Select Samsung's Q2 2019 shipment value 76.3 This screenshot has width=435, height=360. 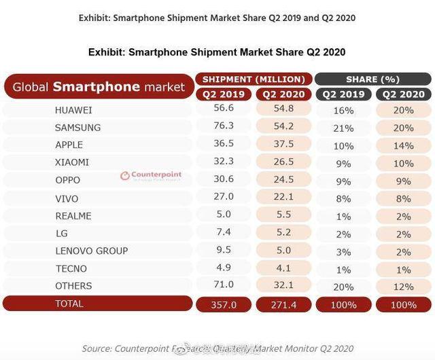click(x=224, y=127)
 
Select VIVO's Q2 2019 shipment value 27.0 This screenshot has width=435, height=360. click(x=224, y=198)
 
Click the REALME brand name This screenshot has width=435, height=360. click(x=73, y=215)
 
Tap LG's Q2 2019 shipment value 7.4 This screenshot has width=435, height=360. click(x=224, y=233)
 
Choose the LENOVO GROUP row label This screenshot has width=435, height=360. click(x=92, y=251)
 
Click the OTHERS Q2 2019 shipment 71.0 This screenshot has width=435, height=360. click(x=224, y=286)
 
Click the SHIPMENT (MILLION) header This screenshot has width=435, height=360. click(x=254, y=79)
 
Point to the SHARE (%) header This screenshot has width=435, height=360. click(x=371, y=79)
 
